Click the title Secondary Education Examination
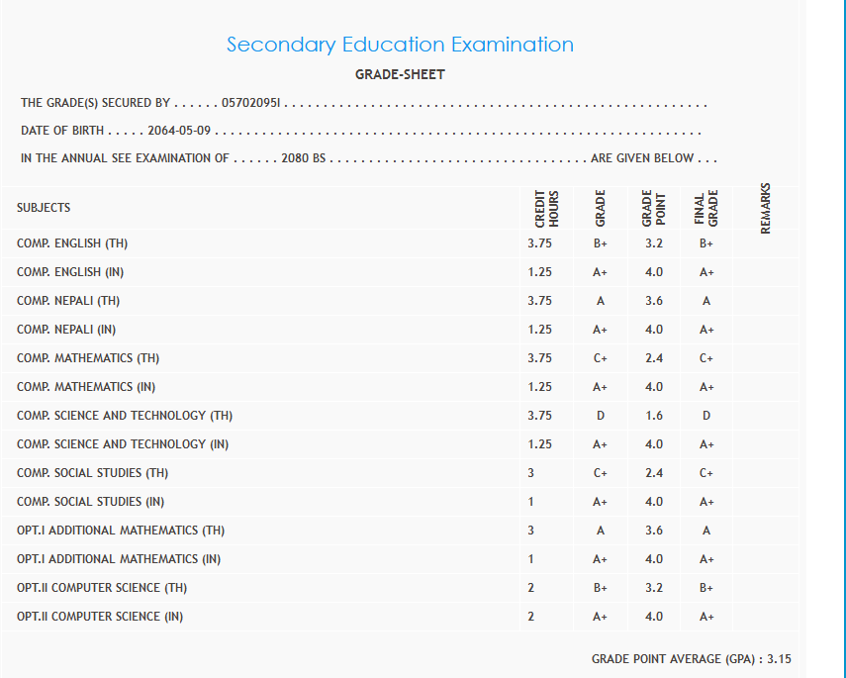click(x=400, y=45)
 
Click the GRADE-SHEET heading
click(x=400, y=75)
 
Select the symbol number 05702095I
click(x=252, y=103)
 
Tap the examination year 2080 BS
click(x=303, y=158)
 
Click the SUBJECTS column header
click(x=44, y=208)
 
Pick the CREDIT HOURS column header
click(x=547, y=209)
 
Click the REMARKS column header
click(x=766, y=209)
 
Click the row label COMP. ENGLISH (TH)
click(x=72, y=243)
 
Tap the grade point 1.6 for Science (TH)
click(x=654, y=416)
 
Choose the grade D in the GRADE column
click(x=601, y=416)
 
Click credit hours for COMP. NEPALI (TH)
click(x=540, y=301)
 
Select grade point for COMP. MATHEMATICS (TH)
click(x=654, y=358)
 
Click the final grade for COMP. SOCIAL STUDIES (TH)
click(x=706, y=473)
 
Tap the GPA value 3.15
click(x=780, y=659)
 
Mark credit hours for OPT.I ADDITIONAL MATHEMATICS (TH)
click(x=531, y=531)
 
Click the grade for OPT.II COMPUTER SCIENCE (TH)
click(x=601, y=588)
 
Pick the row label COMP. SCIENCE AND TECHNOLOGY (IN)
click(x=123, y=444)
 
